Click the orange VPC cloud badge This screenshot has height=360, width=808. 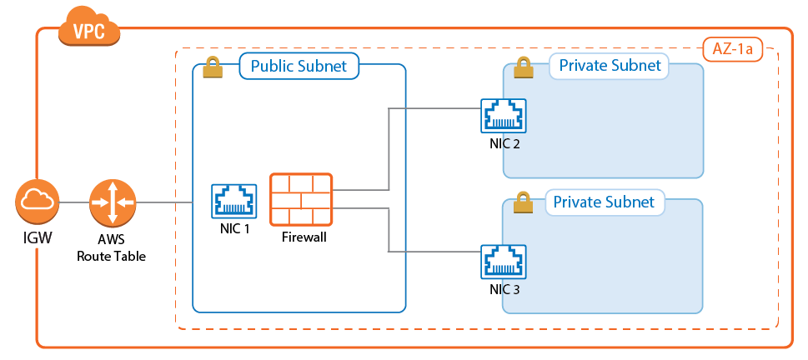[x=89, y=28]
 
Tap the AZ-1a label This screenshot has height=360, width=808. [x=733, y=49]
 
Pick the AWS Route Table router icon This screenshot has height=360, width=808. [x=112, y=202]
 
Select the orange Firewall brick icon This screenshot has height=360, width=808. [x=301, y=199]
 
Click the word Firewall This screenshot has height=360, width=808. [x=302, y=237]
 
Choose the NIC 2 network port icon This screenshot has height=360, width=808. [x=504, y=116]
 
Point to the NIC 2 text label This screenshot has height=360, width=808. [x=504, y=143]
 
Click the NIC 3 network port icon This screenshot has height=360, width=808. [x=504, y=262]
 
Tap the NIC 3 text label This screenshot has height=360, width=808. [x=504, y=289]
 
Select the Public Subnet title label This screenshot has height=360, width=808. [x=299, y=67]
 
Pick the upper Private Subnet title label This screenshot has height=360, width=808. [x=609, y=66]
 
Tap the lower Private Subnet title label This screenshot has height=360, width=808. [x=605, y=202]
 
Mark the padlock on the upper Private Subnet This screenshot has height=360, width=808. [x=523, y=67]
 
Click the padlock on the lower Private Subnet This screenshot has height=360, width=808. [x=523, y=202]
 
